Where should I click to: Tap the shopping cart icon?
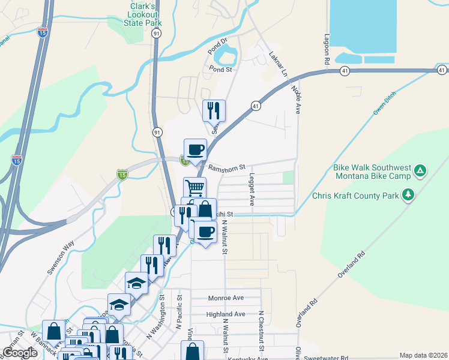[x=194, y=187]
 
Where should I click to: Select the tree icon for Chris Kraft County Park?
[x=408, y=194]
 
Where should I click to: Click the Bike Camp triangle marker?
[x=421, y=171]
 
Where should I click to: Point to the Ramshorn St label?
[x=226, y=167]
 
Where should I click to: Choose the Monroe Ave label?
[x=226, y=298]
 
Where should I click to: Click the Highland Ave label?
[x=226, y=314]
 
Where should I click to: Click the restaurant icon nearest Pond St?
[x=214, y=110]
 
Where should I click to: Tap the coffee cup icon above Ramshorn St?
[x=196, y=149]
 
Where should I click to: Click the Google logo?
[x=20, y=352]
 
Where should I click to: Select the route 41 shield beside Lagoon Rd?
[x=344, y=71]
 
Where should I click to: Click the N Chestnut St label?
[x=262, y=330]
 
